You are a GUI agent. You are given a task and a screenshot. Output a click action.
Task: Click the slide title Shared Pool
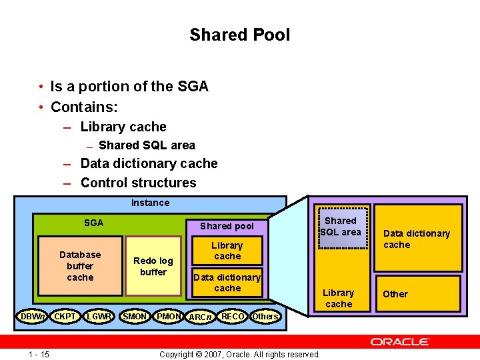(x=239, y=35)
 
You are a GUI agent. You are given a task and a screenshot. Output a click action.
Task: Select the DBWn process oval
(x=32, y=315)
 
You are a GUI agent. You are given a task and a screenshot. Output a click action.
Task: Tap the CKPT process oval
(x=65, y=315)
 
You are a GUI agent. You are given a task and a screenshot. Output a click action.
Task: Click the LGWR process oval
(x=99, y=315)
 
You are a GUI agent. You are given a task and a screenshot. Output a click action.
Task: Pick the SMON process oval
(x=135, y=315)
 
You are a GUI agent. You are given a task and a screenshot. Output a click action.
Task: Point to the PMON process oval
(x=169, y=315)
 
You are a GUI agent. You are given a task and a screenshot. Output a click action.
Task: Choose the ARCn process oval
(x=200, y=316)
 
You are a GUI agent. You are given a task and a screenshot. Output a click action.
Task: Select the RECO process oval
(x=233, y=315)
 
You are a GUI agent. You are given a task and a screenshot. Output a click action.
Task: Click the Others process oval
(x=265, y=315)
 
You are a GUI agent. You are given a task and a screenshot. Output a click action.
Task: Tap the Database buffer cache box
(x=80, y=266)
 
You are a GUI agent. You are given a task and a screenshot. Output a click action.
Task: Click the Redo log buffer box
(x=153, y=266)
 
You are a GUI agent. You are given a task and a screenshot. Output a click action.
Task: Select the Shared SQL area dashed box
(x=341, y=226)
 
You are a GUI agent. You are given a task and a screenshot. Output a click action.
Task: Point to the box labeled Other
(x=417, y=293)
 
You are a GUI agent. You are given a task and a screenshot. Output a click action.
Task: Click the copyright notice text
(x=239, y=353)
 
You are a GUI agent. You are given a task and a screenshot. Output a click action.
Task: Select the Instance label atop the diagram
(x=150, y=203)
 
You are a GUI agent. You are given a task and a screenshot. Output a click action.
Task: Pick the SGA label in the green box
(x=93, y=223)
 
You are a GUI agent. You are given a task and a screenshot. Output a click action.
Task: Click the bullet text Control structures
(x=138, y=183)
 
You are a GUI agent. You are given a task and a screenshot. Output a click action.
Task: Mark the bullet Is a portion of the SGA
(x=129, y=87)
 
